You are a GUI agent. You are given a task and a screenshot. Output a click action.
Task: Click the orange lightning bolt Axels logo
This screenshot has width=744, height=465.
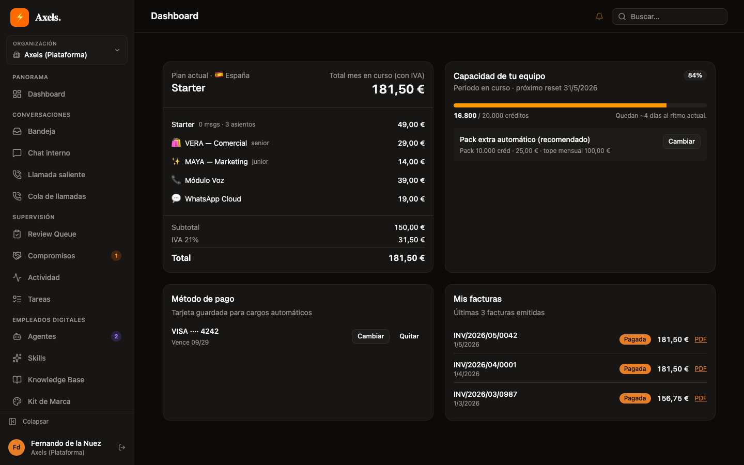(x=20, y=17)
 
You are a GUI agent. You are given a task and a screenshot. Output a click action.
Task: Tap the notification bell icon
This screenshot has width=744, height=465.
(x=599, y=17)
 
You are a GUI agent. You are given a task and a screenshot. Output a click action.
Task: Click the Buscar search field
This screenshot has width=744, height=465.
(x=669, y=17)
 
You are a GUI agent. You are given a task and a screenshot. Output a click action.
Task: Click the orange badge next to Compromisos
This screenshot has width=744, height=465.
(x=116, y=256)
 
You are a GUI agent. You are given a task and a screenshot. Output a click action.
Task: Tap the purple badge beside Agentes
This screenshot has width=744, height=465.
(x=116, y=336)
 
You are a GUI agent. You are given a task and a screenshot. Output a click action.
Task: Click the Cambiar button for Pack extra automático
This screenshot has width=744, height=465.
(x=681, y=142)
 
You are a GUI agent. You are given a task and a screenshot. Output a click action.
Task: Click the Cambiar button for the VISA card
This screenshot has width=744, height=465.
(x=370, y=336)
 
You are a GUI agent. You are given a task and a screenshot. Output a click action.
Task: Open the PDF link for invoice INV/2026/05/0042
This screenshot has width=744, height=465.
(x=701, y=339)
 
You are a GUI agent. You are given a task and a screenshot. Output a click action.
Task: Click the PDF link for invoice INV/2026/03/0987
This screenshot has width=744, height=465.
(x=701, y=398)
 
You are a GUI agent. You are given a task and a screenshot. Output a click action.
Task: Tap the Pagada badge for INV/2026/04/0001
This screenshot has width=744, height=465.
(x=634, y=369)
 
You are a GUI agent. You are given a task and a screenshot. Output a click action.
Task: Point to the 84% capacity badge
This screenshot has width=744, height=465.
(x=695, y=75)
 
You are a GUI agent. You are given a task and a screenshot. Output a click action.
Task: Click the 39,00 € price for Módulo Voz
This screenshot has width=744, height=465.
(x=411, y=180)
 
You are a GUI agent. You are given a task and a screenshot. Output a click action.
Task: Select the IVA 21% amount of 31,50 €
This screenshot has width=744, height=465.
(x=411, y=240)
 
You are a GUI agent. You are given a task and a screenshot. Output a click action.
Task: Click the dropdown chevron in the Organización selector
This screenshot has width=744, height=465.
(x=117, y=50)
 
